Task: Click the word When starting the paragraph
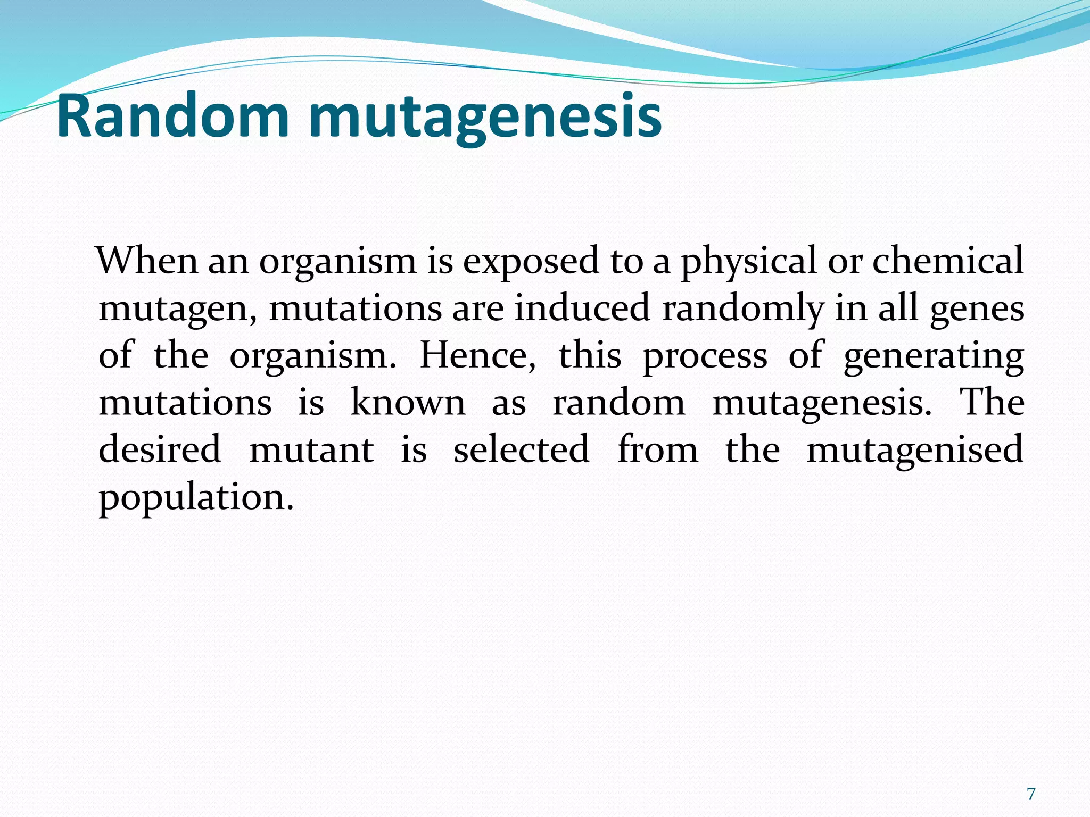click(x=148, y=261)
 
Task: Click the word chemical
click(x=947, y=261)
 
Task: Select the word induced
click(x=582, y=308)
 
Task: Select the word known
click(x=408, y=403)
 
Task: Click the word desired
click(x=160, y=449)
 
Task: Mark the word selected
click(x=521, y=449)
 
